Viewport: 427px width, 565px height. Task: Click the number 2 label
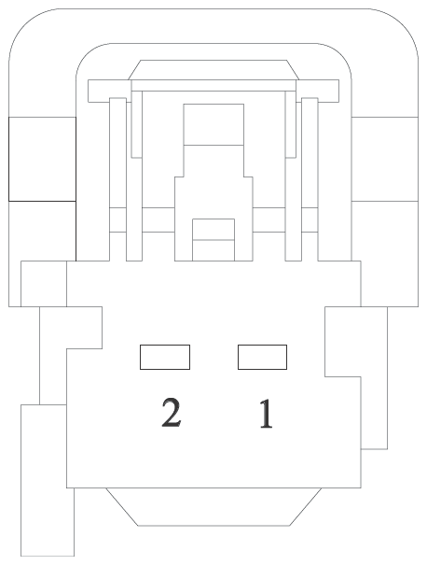(171, 413)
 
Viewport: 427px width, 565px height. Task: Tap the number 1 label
(266, 414)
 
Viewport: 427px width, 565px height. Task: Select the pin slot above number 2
(165, 357)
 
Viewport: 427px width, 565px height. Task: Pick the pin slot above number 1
(262, 357)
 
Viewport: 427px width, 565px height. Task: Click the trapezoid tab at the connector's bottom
(213, 506)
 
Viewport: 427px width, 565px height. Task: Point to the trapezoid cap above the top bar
(213, 70)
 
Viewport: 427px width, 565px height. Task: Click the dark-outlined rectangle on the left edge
(42, 159)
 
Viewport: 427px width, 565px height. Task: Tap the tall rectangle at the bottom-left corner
(48, 480)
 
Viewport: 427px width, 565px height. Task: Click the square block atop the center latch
(213, 124)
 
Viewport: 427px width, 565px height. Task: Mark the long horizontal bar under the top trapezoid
(213, 85)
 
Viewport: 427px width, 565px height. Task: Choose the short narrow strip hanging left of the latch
(137, 124)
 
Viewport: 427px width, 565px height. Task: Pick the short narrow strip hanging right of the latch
(291, 124)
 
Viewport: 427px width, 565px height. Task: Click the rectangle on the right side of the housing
(385, 159)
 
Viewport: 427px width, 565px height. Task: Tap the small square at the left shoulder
(44, 284)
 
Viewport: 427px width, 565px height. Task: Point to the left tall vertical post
(117, 178)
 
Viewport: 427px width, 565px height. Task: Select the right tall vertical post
(310, 178)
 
